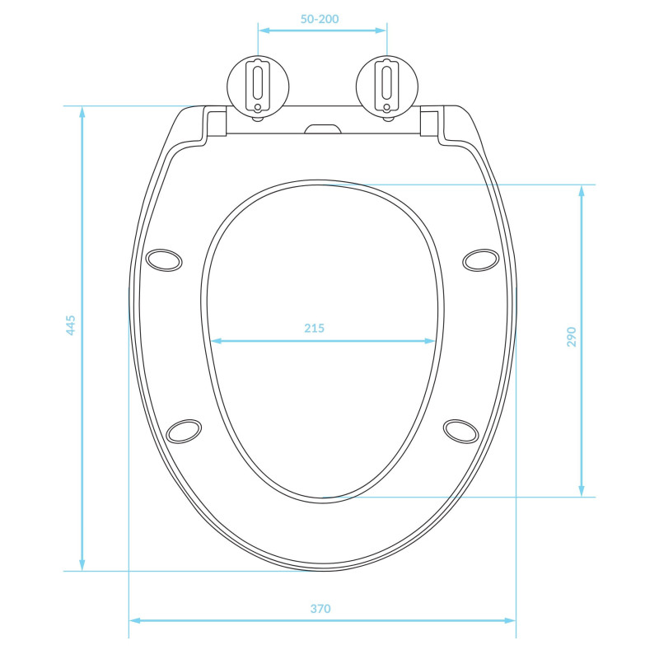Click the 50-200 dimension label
tap(320, 19)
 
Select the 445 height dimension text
tap(71, 325)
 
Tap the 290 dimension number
tap(571, 337)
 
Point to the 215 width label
tap(315, 328)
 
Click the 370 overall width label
tap(320, 609)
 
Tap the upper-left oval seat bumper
tap(164, 260)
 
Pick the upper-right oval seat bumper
tap(481, 260)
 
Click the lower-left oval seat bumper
tap(184, 431)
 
